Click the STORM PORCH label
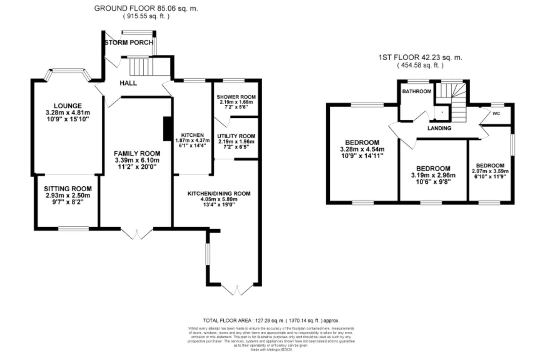coord(129,43)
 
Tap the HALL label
coord(128,83)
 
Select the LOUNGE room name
coord(68,106)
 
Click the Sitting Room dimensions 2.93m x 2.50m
coord(68,195)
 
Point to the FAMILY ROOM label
coord(137,153)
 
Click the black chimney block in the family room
coord(167,129)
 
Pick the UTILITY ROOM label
coord(236,136)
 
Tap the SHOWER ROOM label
coord(236,97)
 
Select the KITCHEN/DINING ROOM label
coord(219,194)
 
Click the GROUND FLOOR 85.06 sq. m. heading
coord(146,8)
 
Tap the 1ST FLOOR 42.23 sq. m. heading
coord(420,57)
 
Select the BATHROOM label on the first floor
coord(416,91)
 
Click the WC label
coord(496,113)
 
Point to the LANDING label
coord(439,128)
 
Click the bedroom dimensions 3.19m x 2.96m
coord(433,175)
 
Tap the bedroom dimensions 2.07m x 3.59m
coord(490,171)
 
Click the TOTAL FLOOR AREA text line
coord(271,321)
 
